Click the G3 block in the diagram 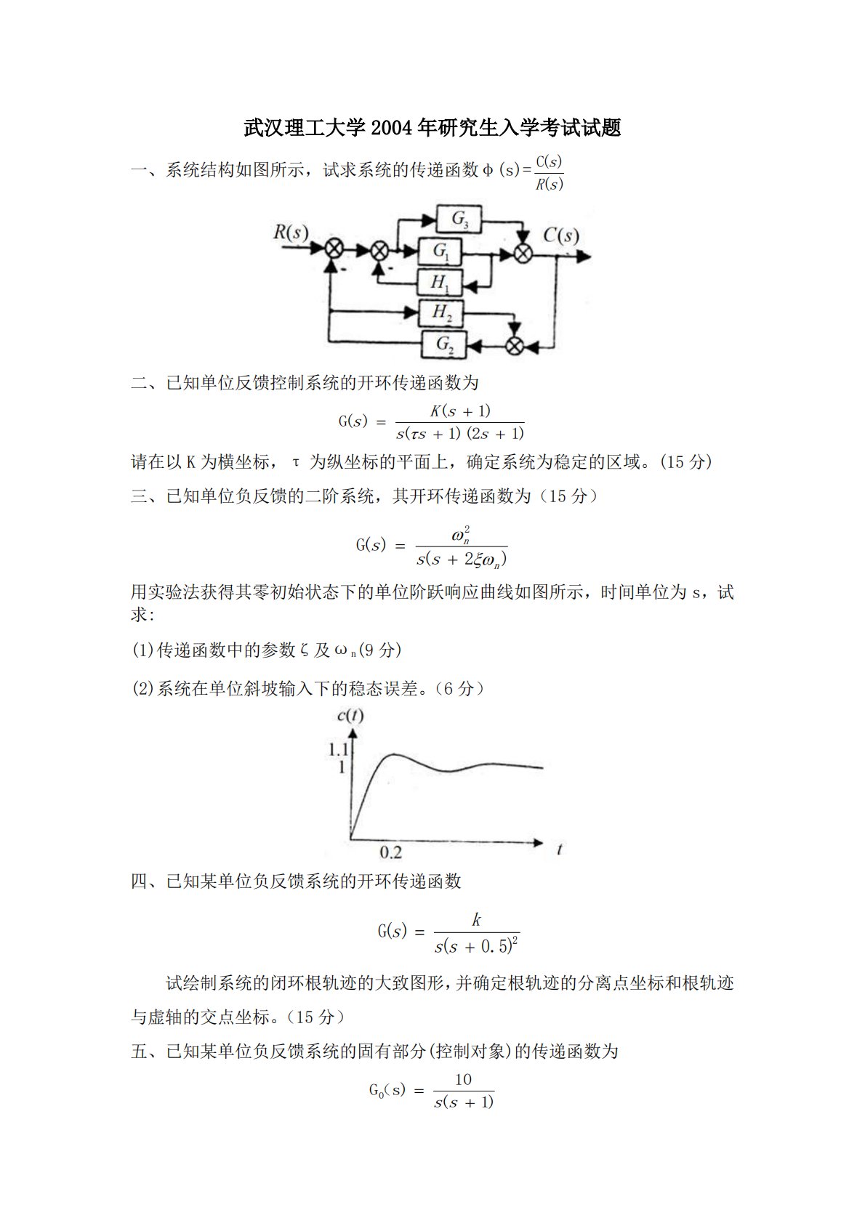pos(460,218)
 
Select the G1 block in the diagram pos(441,251)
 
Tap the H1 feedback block pos(440,283)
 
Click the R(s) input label pos(291,233)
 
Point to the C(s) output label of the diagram pos(561,235)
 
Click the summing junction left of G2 pos(515,345)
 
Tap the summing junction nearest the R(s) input pos(334,249)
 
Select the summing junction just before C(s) pos(523,252)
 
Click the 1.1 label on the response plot pos(339,750)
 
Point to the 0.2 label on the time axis pos(390,852)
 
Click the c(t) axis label pos(350,716)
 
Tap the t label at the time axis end pos(559,849)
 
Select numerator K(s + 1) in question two pos(460,411)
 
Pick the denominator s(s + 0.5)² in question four pos(476,946)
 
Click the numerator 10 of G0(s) pos(463,1080)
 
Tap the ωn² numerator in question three pos(461,537)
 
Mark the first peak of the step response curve pos(393,755)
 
